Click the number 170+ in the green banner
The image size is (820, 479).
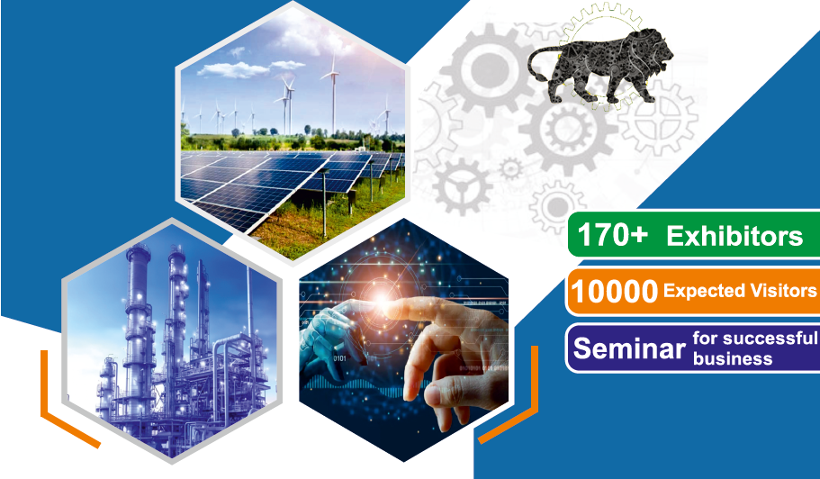(x=612, y=235)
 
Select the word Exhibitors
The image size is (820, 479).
(x=734, y=237)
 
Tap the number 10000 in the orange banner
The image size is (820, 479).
(x=614, y=291)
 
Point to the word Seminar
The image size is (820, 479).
(x=629, y=348)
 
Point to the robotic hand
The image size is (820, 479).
(x=329, y=335)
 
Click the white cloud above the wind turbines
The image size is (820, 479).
(x=233, y=69)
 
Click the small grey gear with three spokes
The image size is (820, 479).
(x=462, y=186)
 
